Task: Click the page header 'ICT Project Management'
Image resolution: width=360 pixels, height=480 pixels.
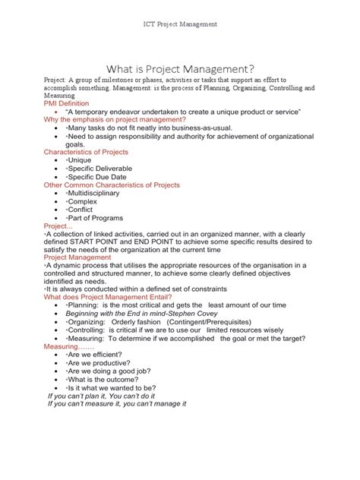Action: click(180, 24)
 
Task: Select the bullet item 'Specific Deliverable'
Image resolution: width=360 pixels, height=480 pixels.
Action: click(99, 169)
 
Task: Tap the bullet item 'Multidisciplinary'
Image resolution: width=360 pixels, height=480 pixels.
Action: click(95, 194)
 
